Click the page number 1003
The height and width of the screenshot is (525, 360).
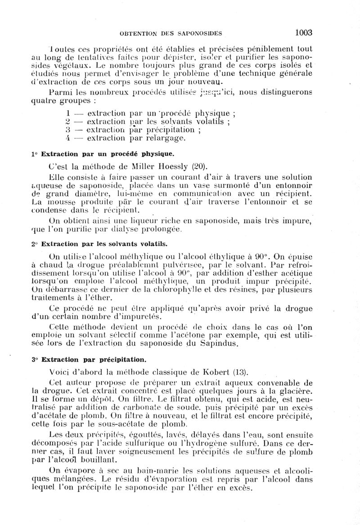point(304,32)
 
